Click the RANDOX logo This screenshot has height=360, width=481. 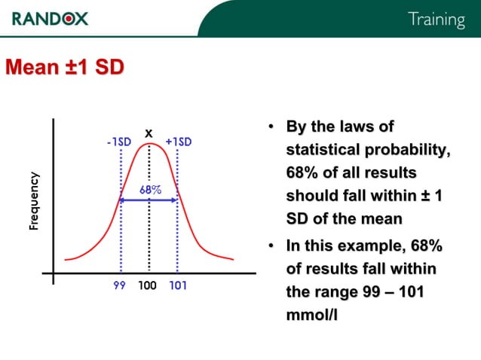[x=50, y=17]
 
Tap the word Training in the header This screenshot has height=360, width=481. [x=436, y=20]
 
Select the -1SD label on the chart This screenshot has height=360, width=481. [x=119, y=142]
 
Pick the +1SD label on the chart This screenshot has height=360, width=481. [x=179, y=142]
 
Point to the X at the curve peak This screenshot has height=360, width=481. [x=149, y=134]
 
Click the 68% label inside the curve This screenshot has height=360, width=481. [x=151, y=189]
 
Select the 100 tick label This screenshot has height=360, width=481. [x=147, y=287]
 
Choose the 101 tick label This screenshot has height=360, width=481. [x=179, y=287]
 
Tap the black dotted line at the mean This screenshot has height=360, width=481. [x=149, y=226]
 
